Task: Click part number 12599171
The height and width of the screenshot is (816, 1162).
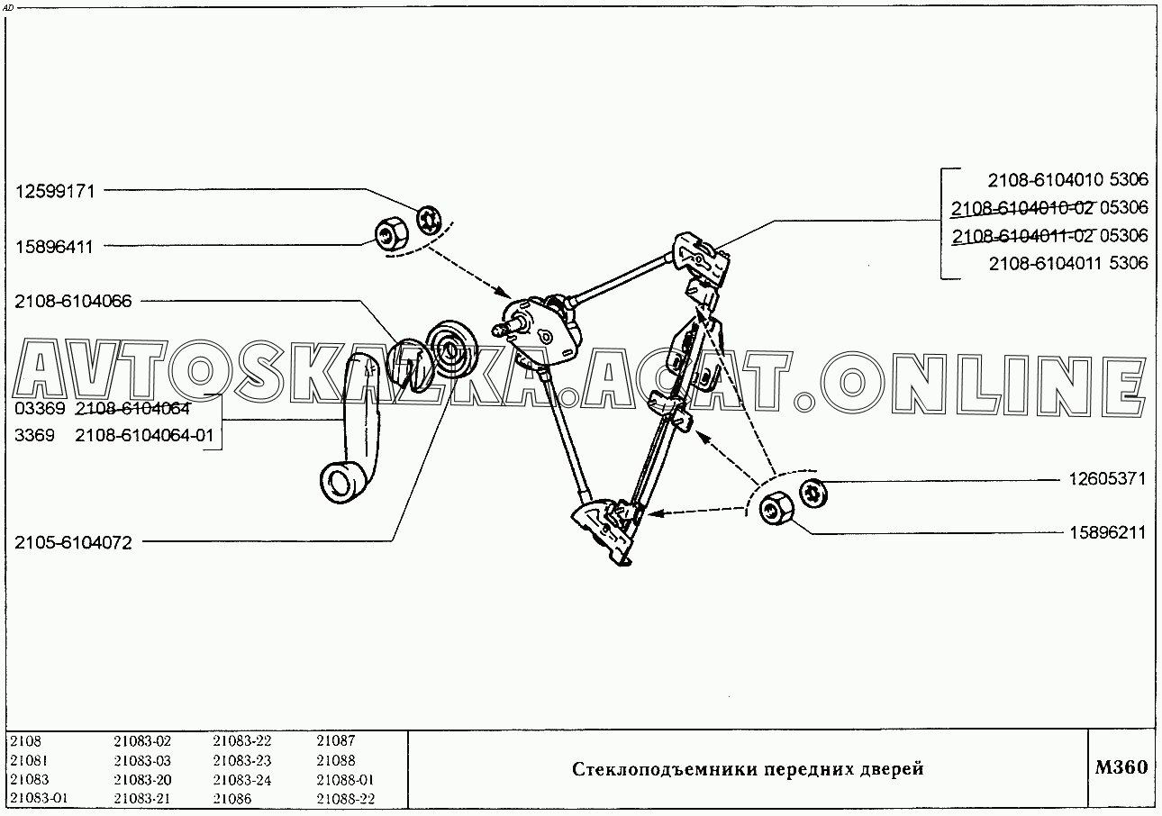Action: pos(55,192)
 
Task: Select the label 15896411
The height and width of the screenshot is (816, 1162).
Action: pos(54,247)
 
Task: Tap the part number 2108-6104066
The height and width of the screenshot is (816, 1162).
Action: pos(73,301)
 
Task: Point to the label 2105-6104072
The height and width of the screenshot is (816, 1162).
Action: pos(73,542)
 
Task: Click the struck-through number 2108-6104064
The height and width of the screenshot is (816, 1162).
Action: pos(132,409)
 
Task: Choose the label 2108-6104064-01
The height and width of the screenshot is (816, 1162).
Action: pos(144,435)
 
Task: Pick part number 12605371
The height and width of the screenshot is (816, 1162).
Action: pos(1107,478)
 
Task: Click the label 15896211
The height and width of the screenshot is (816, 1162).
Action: pos(1108,532)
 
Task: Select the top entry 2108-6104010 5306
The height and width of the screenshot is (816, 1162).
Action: pos(1067,179)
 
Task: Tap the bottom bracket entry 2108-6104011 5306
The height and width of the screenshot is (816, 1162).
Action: pos(1068,263)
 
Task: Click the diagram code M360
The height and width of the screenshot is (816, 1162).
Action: pos(1121,766)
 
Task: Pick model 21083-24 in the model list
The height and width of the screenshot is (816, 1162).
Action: pos(241,780)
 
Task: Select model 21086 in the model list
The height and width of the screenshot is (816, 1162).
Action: pos(231,798)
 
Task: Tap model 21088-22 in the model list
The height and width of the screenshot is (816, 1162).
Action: pos(346,798)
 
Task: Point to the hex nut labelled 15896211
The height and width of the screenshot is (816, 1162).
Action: pos(776,508)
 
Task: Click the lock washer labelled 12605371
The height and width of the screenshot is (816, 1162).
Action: pos(812,493)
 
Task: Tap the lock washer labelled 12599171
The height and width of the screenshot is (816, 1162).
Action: pos(429,220)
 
